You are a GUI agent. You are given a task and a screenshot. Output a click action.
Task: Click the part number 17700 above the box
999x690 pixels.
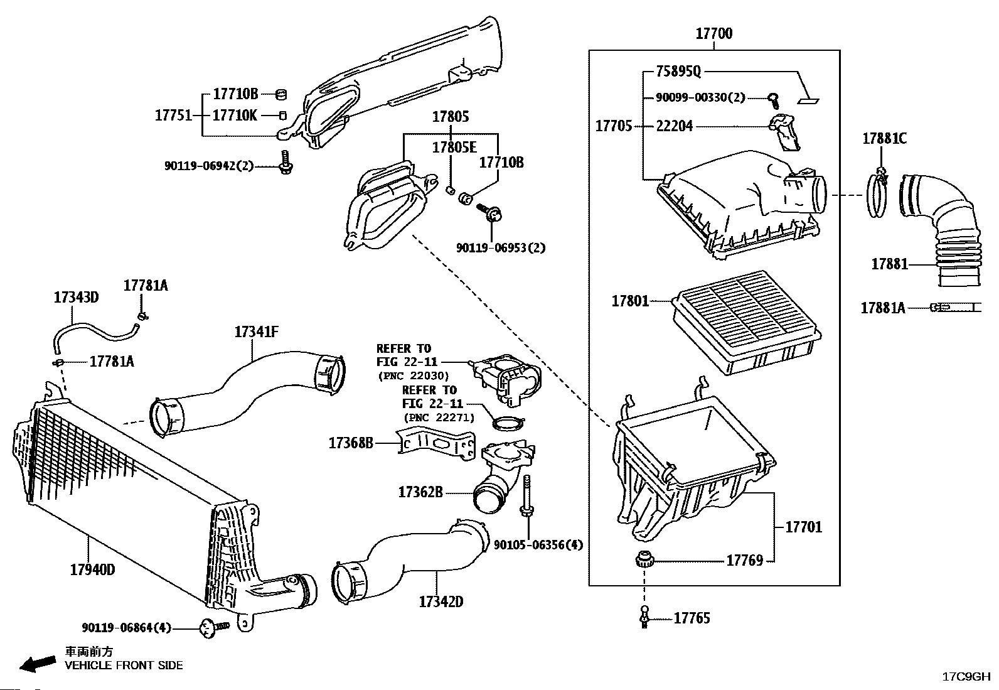(713, 33)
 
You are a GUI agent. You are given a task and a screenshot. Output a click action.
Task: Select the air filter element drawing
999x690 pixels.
(747, 322)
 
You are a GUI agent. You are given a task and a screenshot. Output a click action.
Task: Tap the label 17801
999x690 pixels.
(630, 301)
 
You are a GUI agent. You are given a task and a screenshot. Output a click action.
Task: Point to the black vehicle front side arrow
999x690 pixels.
(38, 664)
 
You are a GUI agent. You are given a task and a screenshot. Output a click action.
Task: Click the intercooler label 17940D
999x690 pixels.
(92, 570)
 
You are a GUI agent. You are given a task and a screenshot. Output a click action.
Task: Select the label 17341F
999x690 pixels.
(257, 332)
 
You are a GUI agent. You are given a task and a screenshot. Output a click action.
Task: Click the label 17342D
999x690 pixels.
(441, 602)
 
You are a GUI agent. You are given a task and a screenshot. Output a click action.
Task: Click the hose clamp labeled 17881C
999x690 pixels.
(877, 193)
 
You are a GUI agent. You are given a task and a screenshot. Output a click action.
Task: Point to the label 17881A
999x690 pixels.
(883, 308)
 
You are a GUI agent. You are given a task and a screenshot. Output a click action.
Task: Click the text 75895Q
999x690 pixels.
(678, 72)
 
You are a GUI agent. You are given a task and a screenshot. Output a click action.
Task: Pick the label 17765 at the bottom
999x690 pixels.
(692, 618)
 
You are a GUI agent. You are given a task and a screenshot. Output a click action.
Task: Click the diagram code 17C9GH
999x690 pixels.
(966, 677)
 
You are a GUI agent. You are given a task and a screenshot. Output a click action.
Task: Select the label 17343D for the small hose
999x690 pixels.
(77, 297)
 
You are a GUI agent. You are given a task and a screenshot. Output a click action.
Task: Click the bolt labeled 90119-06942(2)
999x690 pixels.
(285, 163)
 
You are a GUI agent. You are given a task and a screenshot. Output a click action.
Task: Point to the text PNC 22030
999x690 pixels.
(414, 376)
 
